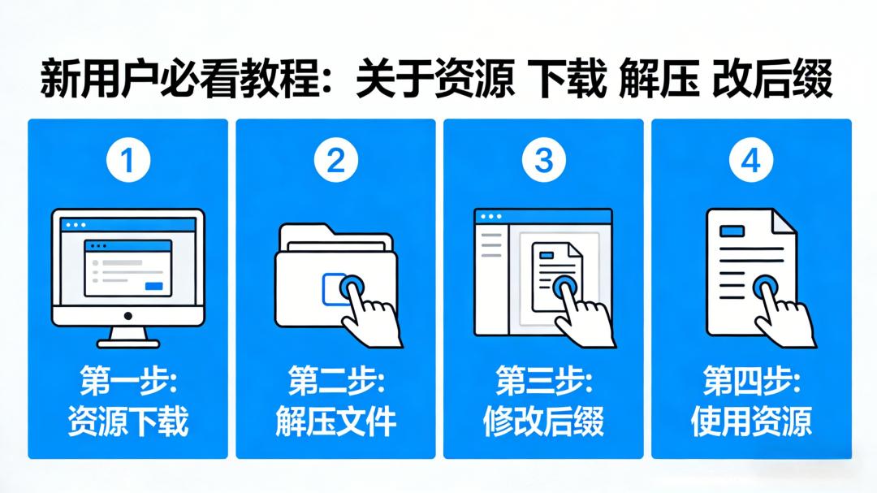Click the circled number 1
point(128,162)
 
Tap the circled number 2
point(335,162)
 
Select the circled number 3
point(543,162)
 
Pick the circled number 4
point(751,162)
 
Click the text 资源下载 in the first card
point(128,422)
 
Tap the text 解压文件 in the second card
point(335,422)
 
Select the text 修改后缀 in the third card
point(543,422)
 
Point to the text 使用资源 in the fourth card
point(751,422)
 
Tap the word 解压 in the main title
point(659,82)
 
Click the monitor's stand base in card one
point(127,341)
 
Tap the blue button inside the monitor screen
point(153,286)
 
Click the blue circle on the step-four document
point(764,287)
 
